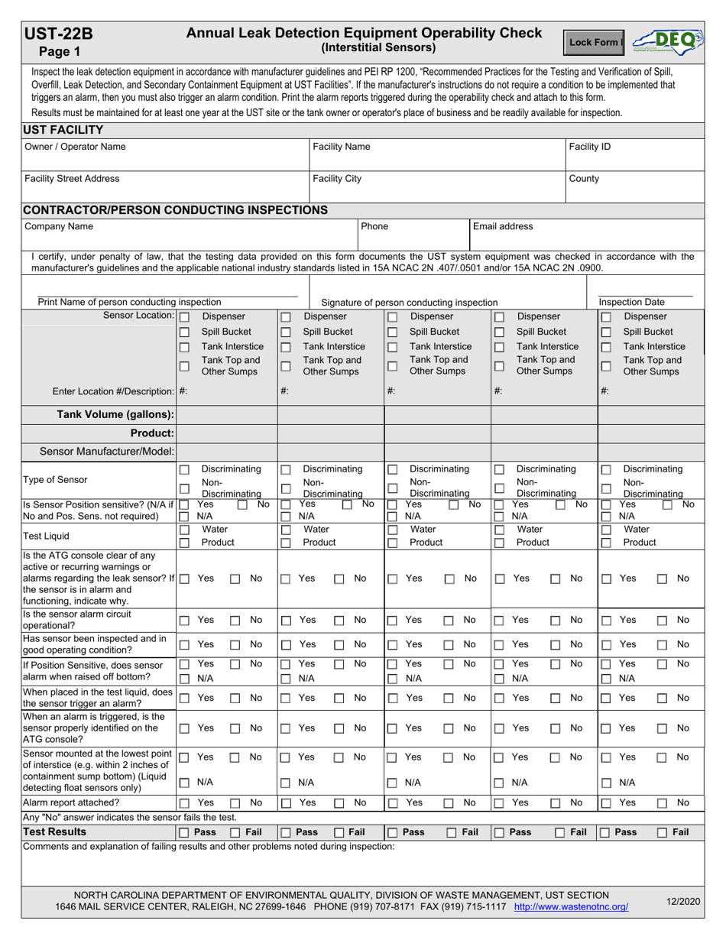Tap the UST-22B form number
59,34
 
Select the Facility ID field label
590,146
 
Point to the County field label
585,178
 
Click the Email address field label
504,226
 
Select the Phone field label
374,226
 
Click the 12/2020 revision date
682,902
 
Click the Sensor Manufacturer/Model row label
107,452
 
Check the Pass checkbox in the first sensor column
184,832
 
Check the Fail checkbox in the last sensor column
663,832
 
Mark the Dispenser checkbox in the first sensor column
184,316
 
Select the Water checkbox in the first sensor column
184,529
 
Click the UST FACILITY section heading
63,129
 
